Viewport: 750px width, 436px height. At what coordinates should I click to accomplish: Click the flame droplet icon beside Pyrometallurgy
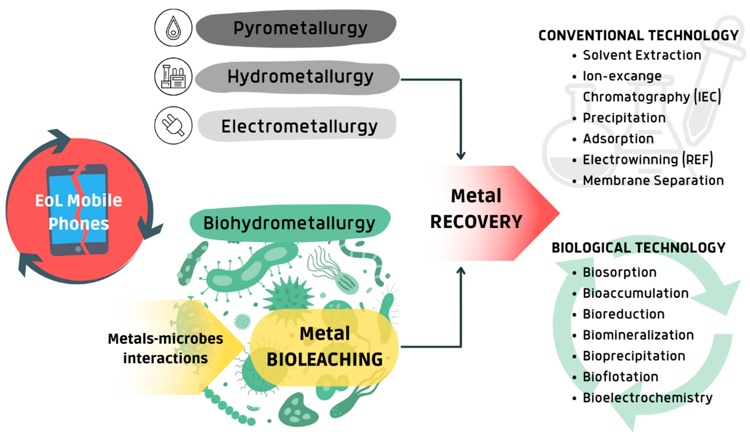(x=173, y=28)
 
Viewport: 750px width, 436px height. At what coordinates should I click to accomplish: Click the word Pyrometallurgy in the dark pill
(x=300, y=28)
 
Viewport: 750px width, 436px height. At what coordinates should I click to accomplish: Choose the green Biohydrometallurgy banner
(x=289, y=223)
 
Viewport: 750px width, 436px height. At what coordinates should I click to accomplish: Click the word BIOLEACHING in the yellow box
(x=324, y=359)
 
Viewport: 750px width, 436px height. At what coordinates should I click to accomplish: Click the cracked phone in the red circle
(x=78, y=210)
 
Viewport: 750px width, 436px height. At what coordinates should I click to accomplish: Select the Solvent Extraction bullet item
(x=642, y=55)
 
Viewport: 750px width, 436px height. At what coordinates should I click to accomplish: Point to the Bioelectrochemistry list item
(x=647, y=398)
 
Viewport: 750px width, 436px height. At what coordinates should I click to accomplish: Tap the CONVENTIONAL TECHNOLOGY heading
(x=638, y=35)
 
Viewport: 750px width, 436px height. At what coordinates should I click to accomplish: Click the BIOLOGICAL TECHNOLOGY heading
(x=638, y=248)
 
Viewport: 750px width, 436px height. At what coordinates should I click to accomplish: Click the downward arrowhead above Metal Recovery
(x=461, y=156)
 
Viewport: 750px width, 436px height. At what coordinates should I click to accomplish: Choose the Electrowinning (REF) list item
(x=647, y=160)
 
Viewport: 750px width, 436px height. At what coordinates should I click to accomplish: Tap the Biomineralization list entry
(x=638, y=335)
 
